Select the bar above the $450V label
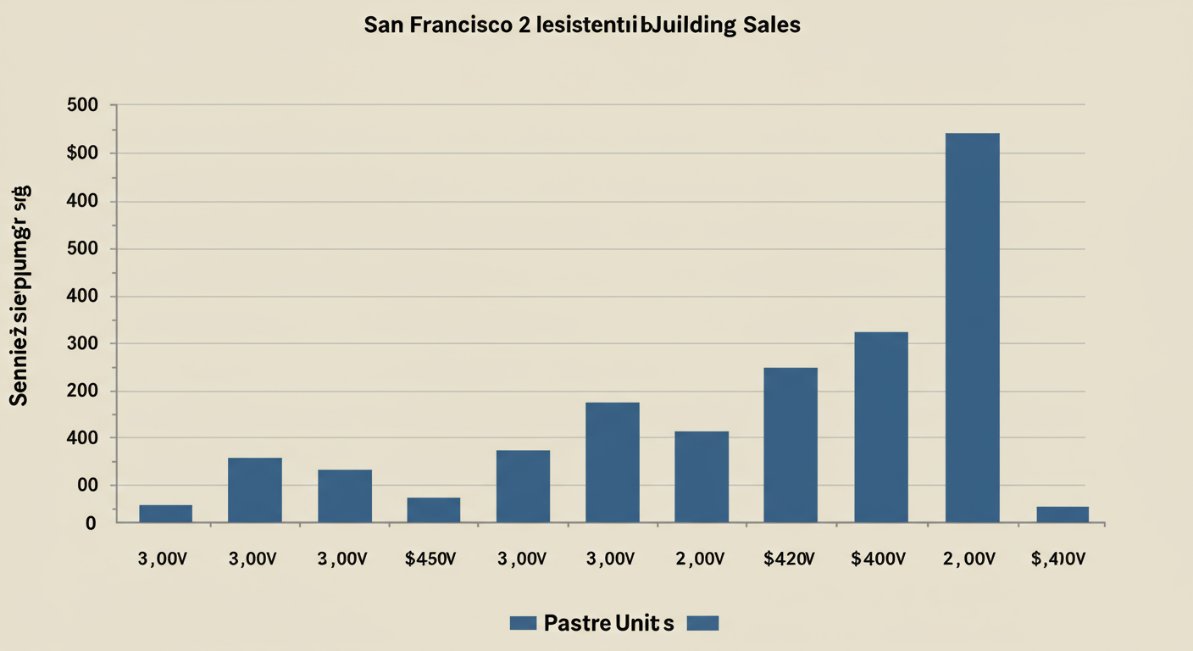[433, 509]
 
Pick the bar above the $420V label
[791, 444]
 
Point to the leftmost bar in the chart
[165, 513]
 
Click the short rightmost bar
[1063, 514]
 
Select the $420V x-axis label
[790, 559]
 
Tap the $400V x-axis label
[879, 559]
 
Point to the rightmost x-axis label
[1058, 559]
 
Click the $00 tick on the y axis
[86, 153]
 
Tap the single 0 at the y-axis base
[91, 524]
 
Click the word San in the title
[382, 25]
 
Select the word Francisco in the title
[458, 25]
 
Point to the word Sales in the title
[770, 25]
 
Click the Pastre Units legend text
[608, 624]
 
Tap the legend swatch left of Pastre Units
[523, 624]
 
